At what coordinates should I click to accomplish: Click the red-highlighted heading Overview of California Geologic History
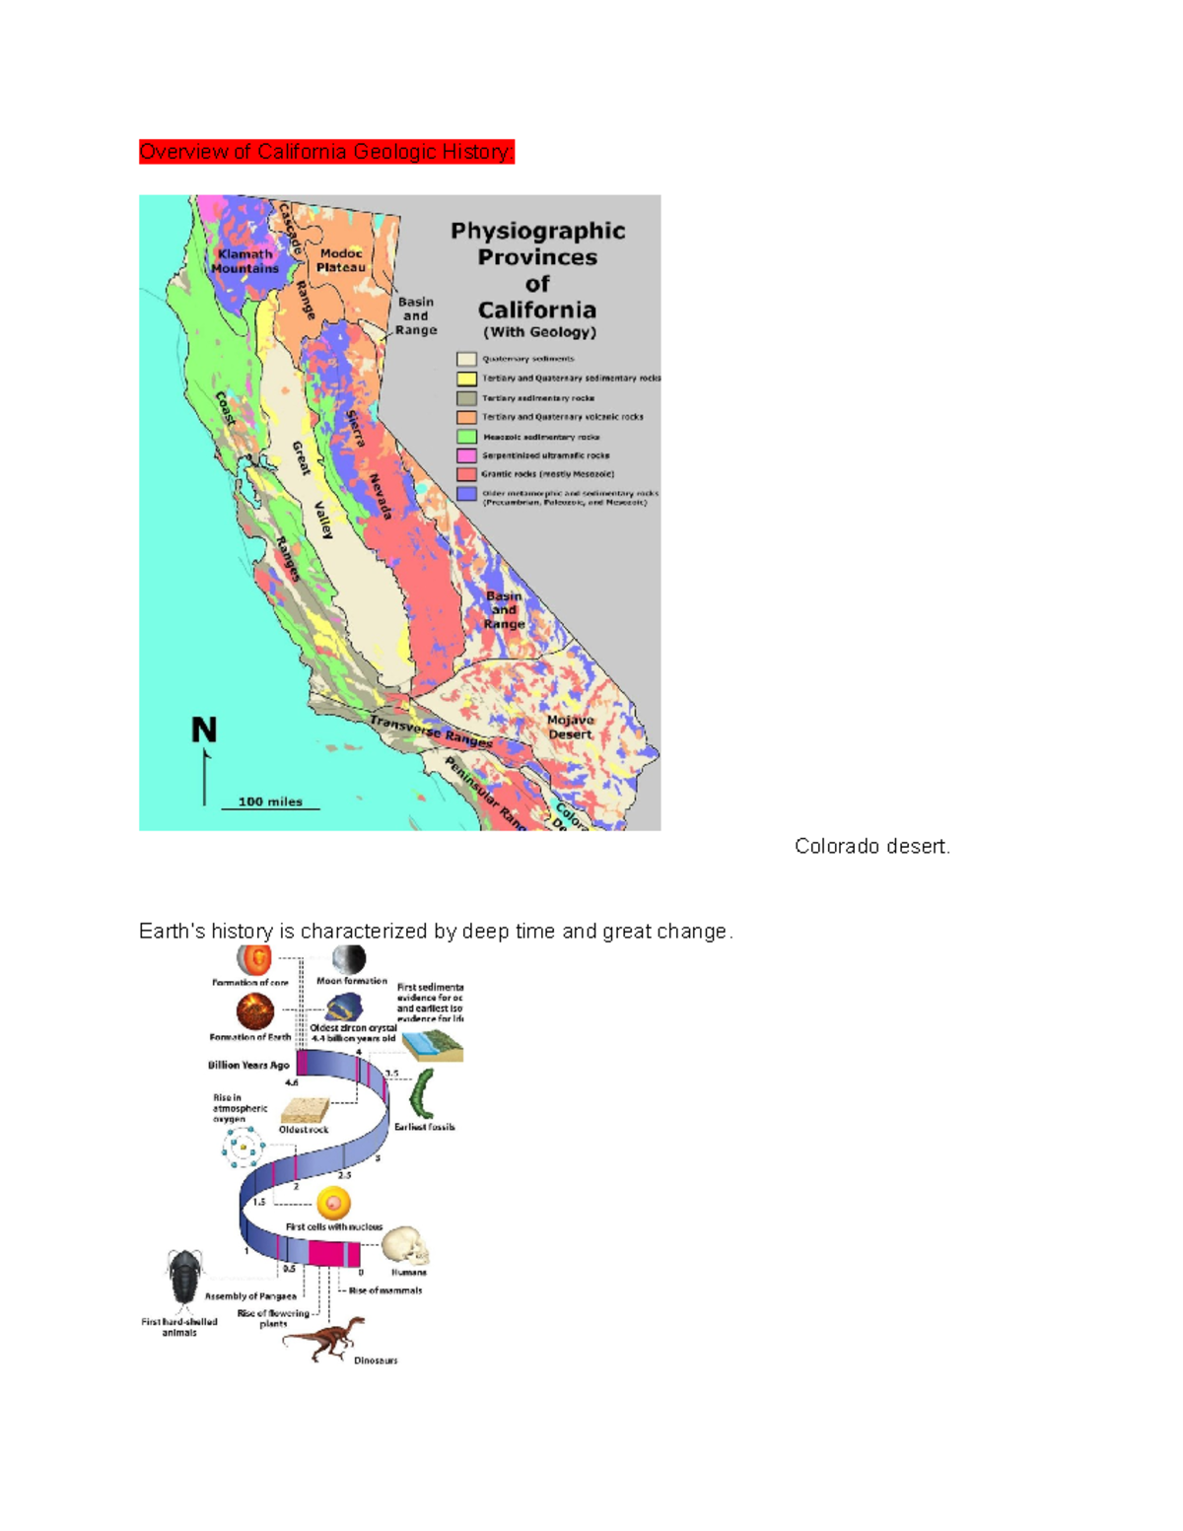[326, 152]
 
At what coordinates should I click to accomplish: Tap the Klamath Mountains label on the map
[244, 261]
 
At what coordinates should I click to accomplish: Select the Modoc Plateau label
[341, 260]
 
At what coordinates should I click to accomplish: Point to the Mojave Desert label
[570, 728]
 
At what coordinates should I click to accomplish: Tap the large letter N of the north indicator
[204, 731]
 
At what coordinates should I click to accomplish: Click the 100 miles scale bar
[270, 803]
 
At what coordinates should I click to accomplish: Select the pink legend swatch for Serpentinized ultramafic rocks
[466, 455]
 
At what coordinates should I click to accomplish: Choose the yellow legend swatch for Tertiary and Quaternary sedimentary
[466, 379]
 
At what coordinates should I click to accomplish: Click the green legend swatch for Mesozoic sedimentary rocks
[466, 437]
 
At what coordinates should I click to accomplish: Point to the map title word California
[537, 310]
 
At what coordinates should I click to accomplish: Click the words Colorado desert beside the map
[871, 847]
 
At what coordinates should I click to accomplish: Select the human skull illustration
[406, 1246]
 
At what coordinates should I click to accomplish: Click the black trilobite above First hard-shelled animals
[184, 1276]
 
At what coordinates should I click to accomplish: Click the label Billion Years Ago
[248, 1065]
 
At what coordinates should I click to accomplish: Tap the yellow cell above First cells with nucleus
[333, 1204]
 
